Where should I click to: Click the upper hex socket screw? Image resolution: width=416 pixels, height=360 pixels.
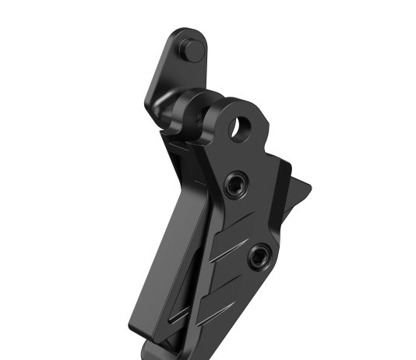click(234, 184)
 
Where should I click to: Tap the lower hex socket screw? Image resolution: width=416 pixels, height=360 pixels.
click(259, 254)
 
